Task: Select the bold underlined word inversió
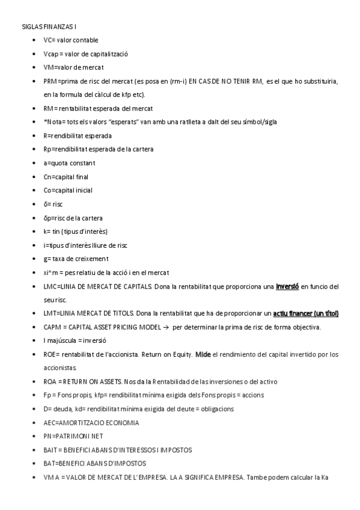coord(287,286)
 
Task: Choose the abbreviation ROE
coord(50,354)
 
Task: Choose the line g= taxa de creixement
coord(76,259)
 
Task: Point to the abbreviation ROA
coord(50,382)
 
